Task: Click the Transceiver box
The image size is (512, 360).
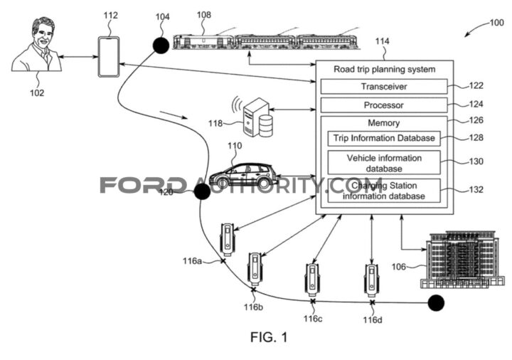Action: (x=384, y=87)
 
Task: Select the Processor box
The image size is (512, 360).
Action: (x=384, y=105)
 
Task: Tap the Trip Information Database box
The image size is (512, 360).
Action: (x=384, y=138)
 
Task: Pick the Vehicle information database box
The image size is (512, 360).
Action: (x=384, y=163)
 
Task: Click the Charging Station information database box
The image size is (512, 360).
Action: (x=384, y=191)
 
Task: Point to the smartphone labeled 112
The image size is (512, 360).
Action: (x=108, y=56)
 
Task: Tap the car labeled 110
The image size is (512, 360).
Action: (x=244, y=175)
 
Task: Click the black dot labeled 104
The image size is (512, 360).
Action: (x=161, y=46)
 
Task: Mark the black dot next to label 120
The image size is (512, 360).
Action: (x=202, y=191)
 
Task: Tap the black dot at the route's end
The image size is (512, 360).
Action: (x=436, y=303)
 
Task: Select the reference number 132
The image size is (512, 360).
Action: (x=476, y=190)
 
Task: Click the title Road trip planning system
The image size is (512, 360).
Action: (x=384, y=69)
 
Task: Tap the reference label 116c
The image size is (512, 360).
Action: (x=313, y=319)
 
